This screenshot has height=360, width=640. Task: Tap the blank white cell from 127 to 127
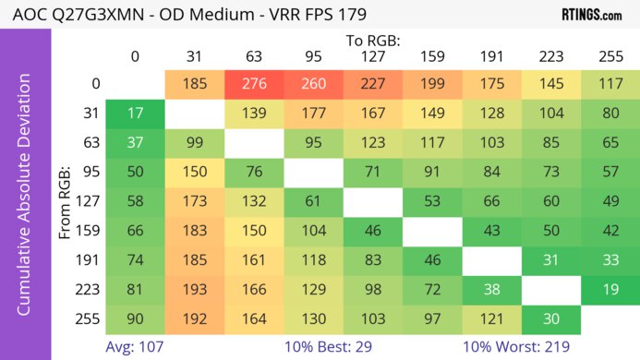(372, 200)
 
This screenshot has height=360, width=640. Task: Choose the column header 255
(610, 57)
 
